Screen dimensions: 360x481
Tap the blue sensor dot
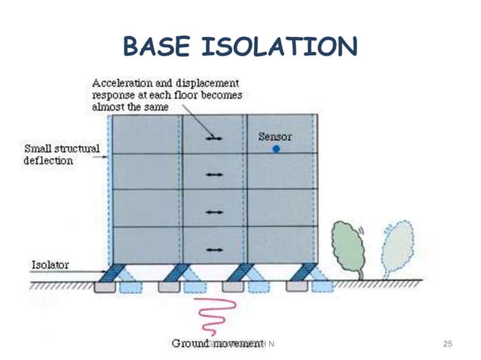(277, 149)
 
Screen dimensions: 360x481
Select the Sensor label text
(274, 136)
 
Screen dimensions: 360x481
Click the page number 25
(447, 344)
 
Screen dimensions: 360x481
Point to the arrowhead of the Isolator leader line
(106, 271)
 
